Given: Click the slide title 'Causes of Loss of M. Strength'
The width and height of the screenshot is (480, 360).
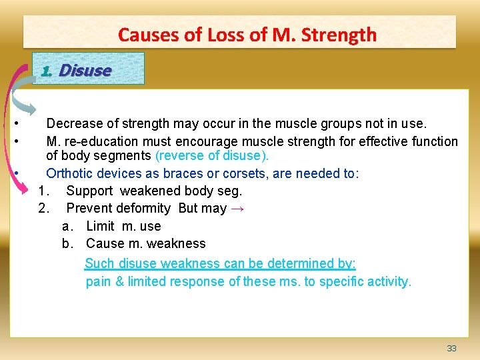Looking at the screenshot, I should (x=247, y=35).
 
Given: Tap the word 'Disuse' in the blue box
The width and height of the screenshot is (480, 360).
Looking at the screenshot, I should (x=85, y=70).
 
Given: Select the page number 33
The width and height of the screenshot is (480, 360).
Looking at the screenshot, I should (x=451, y=349).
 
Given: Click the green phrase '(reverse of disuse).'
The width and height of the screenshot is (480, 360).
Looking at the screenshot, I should (x=212, y=156).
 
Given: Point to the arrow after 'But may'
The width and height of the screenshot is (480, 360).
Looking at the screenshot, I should (x=237, y=209).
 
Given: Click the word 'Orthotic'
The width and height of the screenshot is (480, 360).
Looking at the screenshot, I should (x=69, y=173).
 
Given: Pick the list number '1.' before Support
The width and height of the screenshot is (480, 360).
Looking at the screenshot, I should (x=44, y=191).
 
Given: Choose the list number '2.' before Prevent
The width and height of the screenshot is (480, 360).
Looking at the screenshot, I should (x=44, y=209).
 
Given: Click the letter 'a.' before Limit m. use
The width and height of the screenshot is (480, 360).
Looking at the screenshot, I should (x=67, y=226).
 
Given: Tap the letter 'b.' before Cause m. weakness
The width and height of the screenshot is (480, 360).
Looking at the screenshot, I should (x=67, y=243).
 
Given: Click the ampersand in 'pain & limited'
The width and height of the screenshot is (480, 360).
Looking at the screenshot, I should (x=120, y=281).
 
